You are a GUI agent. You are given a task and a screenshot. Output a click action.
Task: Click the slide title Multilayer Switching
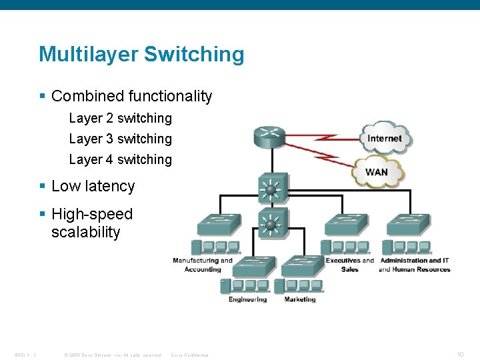tap(141, 54)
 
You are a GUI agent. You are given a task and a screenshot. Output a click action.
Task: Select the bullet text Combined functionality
tap(131, 96)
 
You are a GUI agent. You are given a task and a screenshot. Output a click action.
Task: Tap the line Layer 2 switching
tap(120, 118)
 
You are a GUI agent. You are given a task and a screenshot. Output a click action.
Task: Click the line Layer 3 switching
tap(120, 139)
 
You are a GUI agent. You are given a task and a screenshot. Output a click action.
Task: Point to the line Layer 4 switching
tap(120, 159)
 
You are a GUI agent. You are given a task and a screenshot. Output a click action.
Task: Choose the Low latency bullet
tap(93, 186)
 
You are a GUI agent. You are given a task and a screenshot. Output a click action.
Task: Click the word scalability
tap(85, 232)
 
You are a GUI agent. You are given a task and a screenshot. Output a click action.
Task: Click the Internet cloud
tap(385, 139)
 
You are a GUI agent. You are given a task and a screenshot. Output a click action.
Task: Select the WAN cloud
tap(377, 171)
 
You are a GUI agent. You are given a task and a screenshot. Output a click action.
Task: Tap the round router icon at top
tap(270, 138)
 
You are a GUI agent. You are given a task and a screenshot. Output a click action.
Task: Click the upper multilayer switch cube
tap(271, 189)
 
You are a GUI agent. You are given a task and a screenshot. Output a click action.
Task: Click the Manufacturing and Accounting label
tap(203, 265)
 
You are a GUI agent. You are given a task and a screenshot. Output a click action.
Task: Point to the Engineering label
tap(247, 299)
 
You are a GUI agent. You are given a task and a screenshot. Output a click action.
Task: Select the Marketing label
tap(300, 299)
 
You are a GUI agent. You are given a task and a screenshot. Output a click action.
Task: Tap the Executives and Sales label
tap(350, 265)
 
